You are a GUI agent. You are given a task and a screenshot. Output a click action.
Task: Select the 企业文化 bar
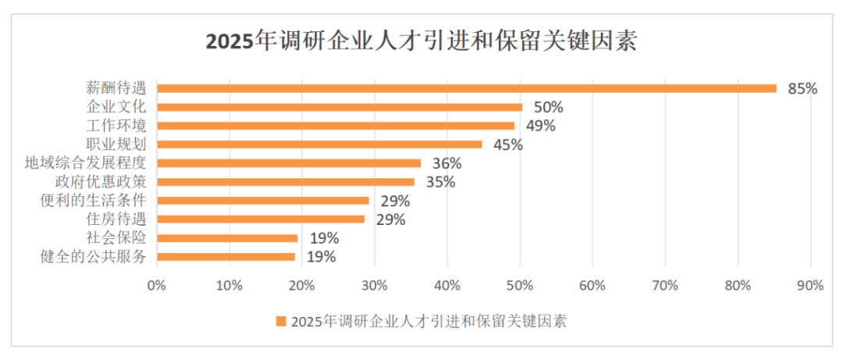coord(340,107)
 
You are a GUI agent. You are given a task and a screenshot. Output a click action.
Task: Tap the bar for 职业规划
coord(319,144)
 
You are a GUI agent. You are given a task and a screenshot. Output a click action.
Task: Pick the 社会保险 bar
coord(227,238)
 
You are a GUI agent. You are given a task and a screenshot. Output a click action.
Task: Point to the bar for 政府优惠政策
coord(286,182)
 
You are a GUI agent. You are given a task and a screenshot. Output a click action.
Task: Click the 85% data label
coord(802,89)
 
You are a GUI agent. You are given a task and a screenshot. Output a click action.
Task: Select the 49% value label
coord(540,126)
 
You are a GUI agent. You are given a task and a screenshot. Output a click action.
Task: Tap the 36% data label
coord(447,163)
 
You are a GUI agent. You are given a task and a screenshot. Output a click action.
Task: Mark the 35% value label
coord(440,182)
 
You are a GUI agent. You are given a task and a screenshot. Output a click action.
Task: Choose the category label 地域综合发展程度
coord(86,163)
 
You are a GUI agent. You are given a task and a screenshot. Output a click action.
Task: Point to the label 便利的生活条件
coord(93,201)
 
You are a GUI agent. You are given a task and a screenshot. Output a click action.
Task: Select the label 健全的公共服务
coord(93,257)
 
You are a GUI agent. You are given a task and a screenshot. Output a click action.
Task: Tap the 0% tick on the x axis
coord(157,286)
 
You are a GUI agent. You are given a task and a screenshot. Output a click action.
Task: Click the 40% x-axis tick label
coord(447,286)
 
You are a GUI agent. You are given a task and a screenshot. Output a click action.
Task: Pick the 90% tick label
coord(810,286)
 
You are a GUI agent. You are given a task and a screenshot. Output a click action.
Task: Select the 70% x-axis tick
coord(665,286)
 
